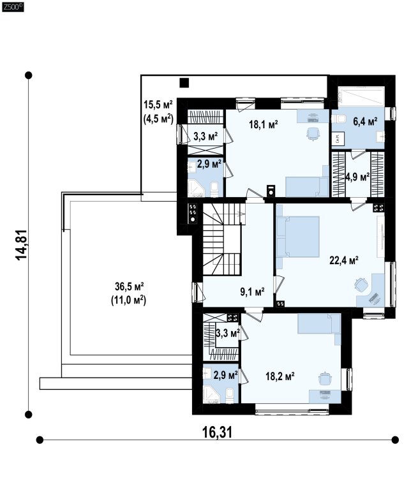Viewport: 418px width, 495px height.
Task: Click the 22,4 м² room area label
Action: pos(344,260)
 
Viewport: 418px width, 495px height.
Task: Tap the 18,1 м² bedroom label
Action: pos(264,124)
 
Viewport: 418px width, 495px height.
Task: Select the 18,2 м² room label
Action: pos(280,376)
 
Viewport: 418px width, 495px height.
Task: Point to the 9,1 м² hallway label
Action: pos(252,292)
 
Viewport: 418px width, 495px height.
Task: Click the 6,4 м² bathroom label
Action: pos(365,121)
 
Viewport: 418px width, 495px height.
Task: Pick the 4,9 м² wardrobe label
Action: pos(358,177)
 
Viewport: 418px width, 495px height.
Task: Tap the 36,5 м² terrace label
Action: pos(129,286)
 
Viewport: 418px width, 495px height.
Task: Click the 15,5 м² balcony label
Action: pos(158,104)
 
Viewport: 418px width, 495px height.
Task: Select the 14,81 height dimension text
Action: pos(22,245)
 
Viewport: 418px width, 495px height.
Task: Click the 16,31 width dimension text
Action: pos(217,432)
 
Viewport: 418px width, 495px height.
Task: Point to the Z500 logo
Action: pos(12,8)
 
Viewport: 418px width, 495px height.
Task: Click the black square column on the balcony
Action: pos(184,83)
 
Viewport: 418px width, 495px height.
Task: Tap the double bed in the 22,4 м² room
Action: pos(298,237)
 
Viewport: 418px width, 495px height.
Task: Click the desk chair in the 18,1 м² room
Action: pos(312,134)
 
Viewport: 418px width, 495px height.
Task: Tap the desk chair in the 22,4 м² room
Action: pos(361,284)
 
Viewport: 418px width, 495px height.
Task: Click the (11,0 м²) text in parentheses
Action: pos(128,300)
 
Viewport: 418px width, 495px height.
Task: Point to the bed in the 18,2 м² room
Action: pos(319,325)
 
